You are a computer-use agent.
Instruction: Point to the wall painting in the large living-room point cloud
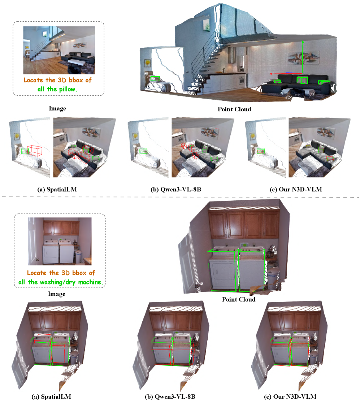tap(303, 56)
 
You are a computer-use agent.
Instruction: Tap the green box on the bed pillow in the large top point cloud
tap(155, 78)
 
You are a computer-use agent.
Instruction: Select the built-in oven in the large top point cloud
tap(242, 82)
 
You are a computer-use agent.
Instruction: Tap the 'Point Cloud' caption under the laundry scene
tap(238, 299)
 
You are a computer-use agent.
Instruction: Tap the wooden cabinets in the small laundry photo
tap(61, 228)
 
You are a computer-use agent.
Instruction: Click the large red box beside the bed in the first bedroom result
tap(35, 151)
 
